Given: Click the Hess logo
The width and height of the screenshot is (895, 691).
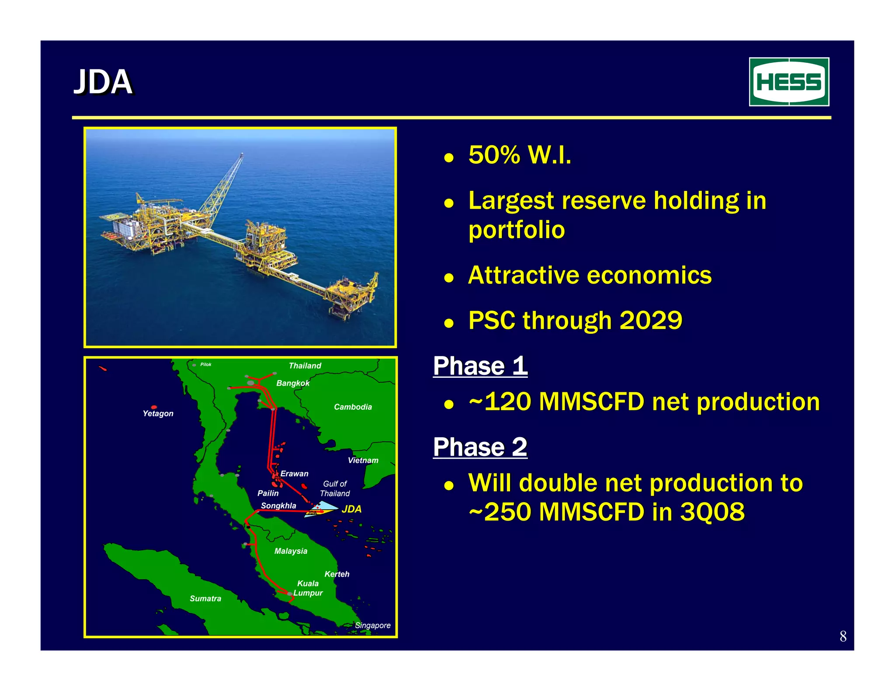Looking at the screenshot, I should (789, 82).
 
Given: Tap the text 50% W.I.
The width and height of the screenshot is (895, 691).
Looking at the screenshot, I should (520, 155).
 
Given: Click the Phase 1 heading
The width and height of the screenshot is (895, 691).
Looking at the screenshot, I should (480, 366).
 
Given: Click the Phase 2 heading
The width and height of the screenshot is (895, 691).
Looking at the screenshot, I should (480, 447).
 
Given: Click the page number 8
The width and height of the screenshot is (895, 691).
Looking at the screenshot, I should (843, 636).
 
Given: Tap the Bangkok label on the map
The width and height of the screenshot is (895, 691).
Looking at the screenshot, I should (293, 383).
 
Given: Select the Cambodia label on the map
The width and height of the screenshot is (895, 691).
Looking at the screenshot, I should (353, 407).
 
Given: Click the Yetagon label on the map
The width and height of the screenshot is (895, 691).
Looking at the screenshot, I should (158, 413).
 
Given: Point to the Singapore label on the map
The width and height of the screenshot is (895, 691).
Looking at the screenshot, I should (372, 625).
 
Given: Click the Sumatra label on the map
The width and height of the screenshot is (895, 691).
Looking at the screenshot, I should (205, 598).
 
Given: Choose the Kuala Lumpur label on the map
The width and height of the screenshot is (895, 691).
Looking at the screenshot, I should (308, 588).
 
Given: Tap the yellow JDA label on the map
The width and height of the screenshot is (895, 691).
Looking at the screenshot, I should (351, 509).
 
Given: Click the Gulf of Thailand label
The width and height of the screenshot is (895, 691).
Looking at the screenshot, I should (335, 488).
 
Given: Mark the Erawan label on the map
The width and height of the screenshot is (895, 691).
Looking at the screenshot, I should (294, 473).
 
